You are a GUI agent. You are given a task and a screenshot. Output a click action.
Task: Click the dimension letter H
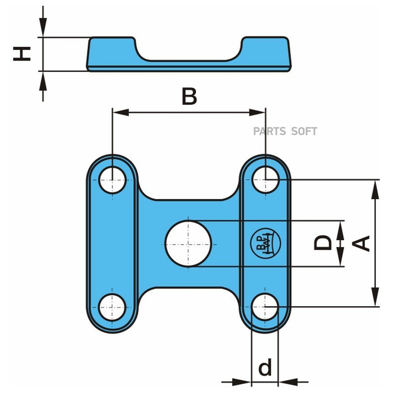[22, 54]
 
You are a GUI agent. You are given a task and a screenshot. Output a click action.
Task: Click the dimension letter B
[189, 96]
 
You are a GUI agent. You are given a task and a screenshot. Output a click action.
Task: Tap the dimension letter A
[361, 243]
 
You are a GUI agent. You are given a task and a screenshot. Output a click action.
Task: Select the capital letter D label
[323, 243]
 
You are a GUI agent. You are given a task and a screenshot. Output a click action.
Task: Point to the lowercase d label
[265, 367]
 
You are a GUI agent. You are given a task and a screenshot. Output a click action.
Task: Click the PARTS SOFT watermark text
[285, 131]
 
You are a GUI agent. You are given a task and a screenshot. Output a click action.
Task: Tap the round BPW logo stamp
[265, 243]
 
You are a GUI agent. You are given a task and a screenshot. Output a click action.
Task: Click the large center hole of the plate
[188, 243]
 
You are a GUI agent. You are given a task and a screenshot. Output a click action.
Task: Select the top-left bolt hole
[112, 180]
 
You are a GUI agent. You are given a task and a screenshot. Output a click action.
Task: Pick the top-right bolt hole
[265, 179]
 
